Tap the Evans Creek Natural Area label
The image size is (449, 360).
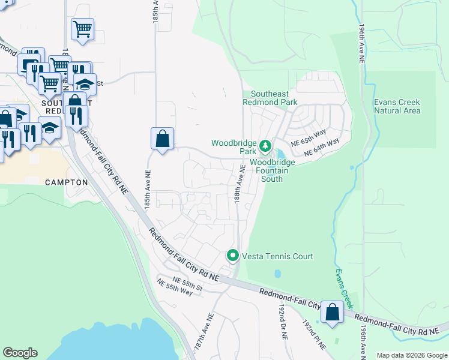tap(397, 106)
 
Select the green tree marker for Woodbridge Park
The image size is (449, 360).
tap(265, 146)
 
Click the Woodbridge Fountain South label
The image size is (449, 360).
tap(273, 170)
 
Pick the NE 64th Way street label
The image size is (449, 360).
tap(322, 148)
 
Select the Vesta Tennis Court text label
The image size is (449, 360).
tap(277, 257)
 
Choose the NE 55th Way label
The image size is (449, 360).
tap(174, 286)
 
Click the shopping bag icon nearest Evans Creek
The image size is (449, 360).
tap(332, 312)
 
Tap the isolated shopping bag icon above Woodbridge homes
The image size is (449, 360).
tap(162, 139)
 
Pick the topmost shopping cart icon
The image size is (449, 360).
tap(82, 28)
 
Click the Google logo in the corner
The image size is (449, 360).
tap(20, 353)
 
